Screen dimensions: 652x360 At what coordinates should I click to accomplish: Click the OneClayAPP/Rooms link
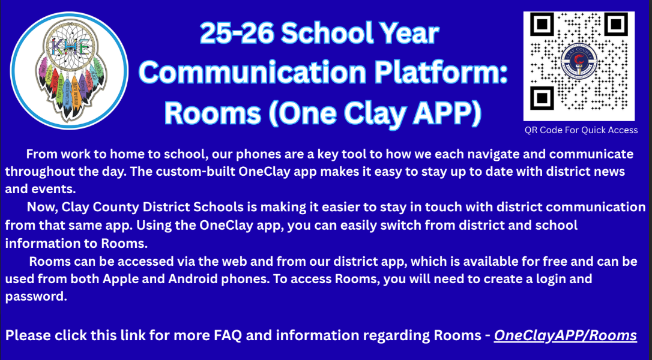coord(565,335)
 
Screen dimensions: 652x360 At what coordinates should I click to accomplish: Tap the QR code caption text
coord(581,130)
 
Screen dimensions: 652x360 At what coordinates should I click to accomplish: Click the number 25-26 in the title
coord(236,33)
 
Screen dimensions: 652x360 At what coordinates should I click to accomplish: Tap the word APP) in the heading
coord(447,113)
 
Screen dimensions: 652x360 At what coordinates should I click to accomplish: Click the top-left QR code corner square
coord(542,24)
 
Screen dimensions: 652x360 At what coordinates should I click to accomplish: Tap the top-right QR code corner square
coord(616,24)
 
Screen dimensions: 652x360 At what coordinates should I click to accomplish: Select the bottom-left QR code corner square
coord(542,98)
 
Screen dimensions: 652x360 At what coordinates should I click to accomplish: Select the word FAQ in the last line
coord(228,335)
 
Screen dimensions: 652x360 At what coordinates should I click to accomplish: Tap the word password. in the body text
coord(36,297)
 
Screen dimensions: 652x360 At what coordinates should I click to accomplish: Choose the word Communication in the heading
coord(252,73)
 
